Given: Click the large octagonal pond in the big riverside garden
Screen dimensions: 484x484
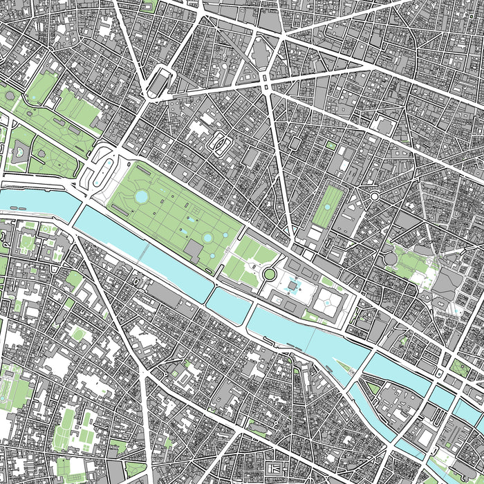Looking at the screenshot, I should click(141, 198).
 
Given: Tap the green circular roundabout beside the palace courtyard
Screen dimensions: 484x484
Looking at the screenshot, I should click(268, 275).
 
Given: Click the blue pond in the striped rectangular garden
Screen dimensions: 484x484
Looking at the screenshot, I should click(325, 206).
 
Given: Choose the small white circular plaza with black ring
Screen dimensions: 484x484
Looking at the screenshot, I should click(374, 197).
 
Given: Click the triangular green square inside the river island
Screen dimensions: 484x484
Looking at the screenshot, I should click(374, 388).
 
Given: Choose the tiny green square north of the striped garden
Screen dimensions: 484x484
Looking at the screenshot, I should click(331, 146).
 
